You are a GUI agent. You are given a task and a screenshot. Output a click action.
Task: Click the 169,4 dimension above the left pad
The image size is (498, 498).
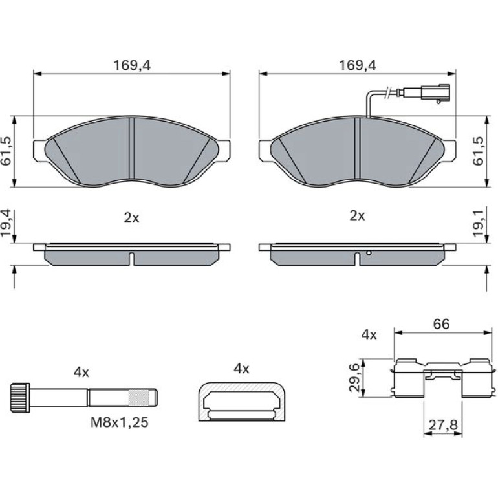pyautogui.click(x=132, y=65)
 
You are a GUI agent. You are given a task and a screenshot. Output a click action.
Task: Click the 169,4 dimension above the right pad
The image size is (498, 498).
pyautogui.click(x=358, y=65)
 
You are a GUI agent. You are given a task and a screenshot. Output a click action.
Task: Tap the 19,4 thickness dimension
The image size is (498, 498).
pyautogui.click(x=6, y=223)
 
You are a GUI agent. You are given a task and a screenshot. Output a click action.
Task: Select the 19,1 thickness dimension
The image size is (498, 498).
pyautogui.click(x=479, y=223)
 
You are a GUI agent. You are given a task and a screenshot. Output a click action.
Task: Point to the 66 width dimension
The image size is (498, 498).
pyautogui.click(x=442, y=323)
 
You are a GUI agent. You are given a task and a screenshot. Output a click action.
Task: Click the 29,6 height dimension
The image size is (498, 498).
pyautogui.click(x=354, y=378)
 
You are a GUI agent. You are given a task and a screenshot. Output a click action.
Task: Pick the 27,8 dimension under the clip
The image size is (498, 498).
pyautogui.click(x=443, y=425)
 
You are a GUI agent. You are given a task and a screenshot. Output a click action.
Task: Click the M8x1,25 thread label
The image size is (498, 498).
pyautogui.click(x=120, y=422)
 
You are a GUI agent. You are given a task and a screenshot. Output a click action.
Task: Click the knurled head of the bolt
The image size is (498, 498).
pyautogui.click(x=20, y=398)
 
